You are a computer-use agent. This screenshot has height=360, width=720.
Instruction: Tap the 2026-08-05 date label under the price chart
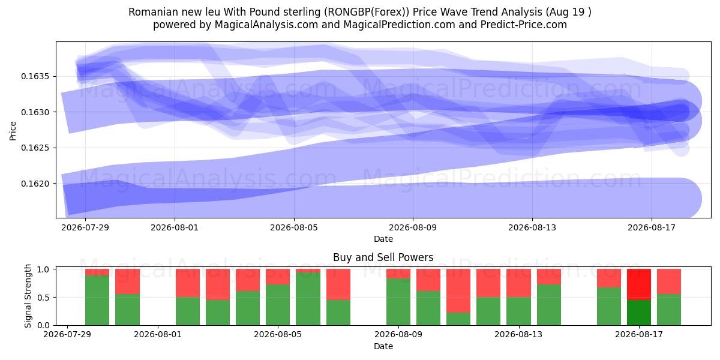tap(294, 227)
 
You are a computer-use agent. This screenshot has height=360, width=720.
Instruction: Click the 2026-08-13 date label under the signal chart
tap(518, 334)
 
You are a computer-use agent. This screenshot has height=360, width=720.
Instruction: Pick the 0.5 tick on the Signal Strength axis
tap(43, 298)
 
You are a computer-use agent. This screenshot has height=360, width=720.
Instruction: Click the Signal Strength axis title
tap(28, 296)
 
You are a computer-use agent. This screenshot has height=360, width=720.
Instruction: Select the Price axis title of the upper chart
tap(13, 131)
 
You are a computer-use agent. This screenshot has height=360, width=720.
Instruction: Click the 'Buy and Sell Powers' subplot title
tap(383, 257)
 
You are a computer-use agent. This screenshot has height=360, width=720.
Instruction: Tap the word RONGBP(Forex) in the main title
tap(367, 12)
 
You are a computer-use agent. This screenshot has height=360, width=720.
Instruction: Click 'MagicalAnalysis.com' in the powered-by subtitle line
tap(266, 25)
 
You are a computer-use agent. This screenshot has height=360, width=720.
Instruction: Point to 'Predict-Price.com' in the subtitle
tap(524, 25)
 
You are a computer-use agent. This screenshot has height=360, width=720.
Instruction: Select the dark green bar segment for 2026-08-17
tap(639, 313)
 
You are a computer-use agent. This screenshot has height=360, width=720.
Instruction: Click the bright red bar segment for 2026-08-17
tap(639, 285)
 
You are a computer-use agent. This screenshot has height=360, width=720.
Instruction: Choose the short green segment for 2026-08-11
tap(458, 319)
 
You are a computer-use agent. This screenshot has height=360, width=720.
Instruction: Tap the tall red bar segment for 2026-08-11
tap(458, 291)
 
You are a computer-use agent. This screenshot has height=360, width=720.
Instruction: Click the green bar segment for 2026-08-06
tap(308, 299)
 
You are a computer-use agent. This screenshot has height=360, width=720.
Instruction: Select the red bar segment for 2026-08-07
tap(338, 284)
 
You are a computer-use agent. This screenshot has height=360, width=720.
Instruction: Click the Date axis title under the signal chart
tap(383, 346)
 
